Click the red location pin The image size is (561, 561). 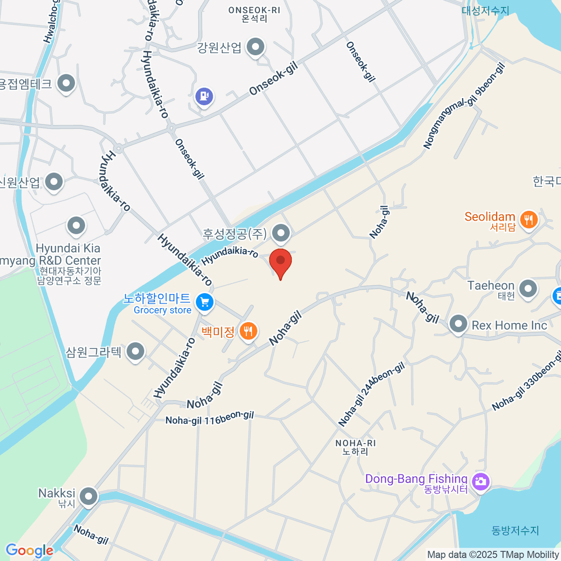pos(280,262)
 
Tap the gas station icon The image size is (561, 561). pos(204,97)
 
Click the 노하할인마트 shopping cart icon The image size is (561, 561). pos(204,302)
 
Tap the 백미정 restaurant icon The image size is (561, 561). pos(248,331)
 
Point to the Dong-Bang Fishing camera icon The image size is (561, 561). pos(480,481)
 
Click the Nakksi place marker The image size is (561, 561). pos(88,496)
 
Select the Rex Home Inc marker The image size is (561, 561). pos(458,324)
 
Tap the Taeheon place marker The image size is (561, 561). pos(528,288)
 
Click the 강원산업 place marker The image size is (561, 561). pos(256,47)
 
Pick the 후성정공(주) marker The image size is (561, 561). pos(281,232)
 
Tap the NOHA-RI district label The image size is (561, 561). pos(355,447)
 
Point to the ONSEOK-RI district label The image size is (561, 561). pos(254,14)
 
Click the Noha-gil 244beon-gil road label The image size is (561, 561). pos(371,395)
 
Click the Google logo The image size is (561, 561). pos(29,550)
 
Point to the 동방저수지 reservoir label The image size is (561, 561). pos(515,531)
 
